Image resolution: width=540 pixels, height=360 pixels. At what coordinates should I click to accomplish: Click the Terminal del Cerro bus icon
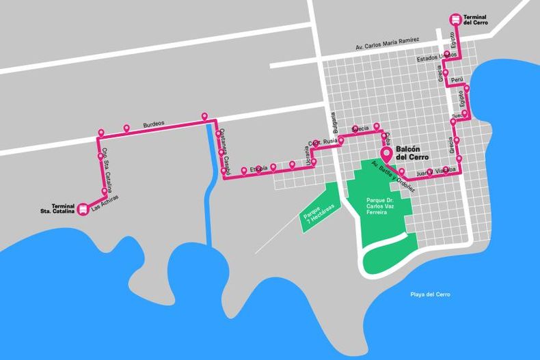pos(455,20)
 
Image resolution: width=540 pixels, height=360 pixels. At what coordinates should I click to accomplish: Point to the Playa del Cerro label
pos(431,294)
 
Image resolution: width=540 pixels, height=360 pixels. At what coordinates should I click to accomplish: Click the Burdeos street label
pos(154,124)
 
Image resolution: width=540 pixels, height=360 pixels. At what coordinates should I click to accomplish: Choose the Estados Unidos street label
pos(437,58)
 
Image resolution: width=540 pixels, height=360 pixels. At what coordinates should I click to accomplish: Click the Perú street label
pos(457,81)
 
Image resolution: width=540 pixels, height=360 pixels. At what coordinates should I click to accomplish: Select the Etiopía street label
pos(258,168)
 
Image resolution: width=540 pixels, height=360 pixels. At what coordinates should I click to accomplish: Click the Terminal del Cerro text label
pos(476,19)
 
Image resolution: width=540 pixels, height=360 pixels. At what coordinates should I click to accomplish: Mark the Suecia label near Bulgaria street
pos(360,128)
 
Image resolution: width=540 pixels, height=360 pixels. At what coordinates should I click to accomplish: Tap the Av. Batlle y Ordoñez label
pos(390,176)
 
